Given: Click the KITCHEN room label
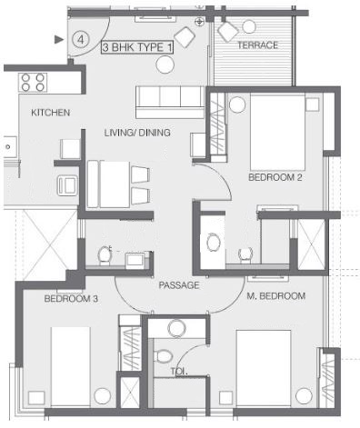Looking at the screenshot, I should [x=51, y=113].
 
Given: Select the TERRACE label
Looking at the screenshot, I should [x=257, y=45].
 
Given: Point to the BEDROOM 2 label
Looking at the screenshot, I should [x=275, y=177].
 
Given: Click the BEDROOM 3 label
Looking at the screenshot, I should [x=70, y=299].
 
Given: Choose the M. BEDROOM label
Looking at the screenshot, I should [x=275, y=296].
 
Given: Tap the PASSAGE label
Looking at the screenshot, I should [x=179, y=285].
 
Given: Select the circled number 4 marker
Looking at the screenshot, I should [x=81, y=39].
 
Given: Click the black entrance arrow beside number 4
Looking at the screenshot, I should [x=60, y=39].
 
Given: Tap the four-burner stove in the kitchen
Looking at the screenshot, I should [x=34, y=83].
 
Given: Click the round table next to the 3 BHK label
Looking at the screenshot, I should [x=165, y=65].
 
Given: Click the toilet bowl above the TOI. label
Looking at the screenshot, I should [x=165, y=355].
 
